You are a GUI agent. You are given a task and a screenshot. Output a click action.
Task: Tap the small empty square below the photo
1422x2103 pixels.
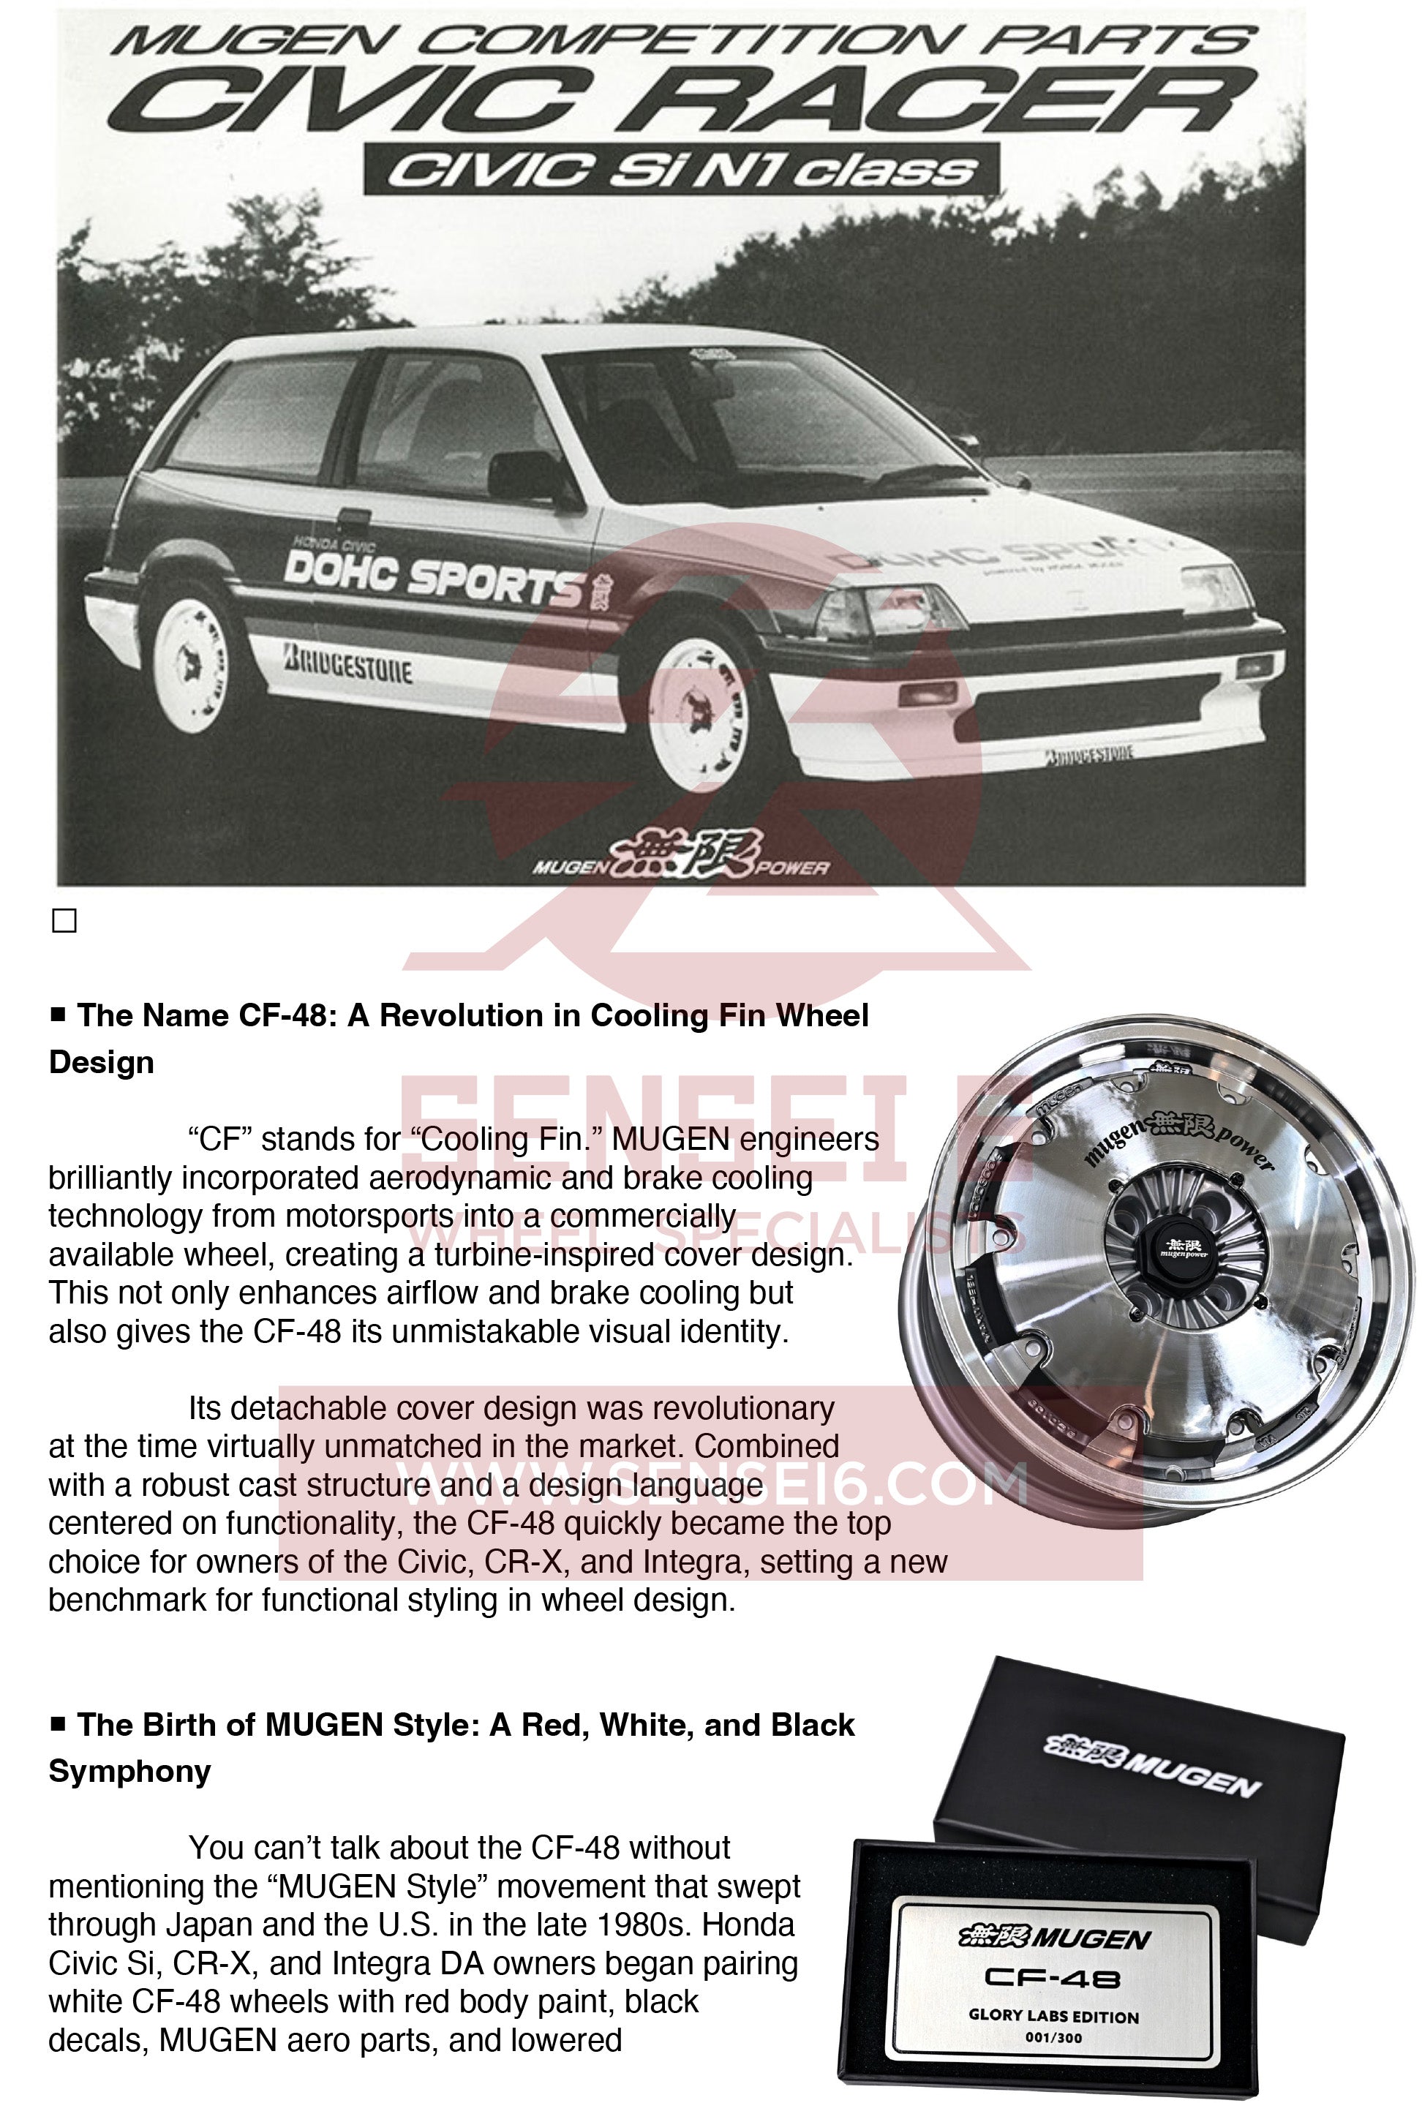click(64, 921)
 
